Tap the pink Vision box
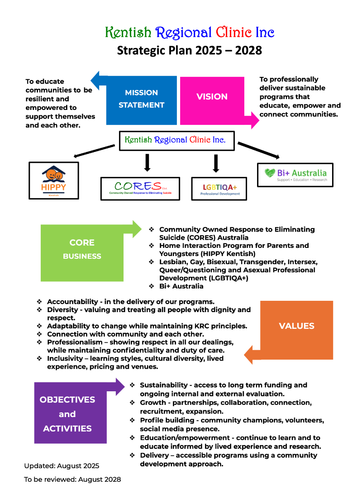212,96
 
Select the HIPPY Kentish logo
53,180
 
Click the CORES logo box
140,189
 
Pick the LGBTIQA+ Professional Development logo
219,189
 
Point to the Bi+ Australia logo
295,175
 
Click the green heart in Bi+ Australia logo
270,173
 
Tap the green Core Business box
82,250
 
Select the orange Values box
296,326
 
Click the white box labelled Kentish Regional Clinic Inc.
175,140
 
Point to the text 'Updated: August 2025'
62,465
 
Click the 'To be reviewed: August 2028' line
72,479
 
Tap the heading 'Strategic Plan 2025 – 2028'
190,50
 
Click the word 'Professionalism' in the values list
75,342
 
